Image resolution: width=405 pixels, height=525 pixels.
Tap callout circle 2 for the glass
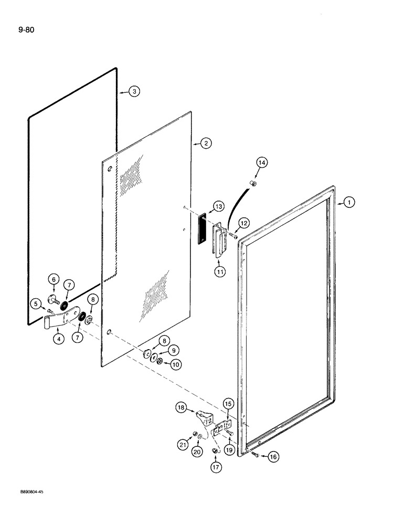[x=205, y=143]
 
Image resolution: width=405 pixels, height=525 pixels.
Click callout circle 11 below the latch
[x=219, y=271]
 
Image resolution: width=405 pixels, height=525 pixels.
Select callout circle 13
[x=217, y=205]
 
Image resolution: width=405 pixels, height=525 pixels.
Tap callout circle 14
[x=261, y=163]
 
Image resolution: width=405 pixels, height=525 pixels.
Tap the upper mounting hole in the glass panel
[x=110, y=169]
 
